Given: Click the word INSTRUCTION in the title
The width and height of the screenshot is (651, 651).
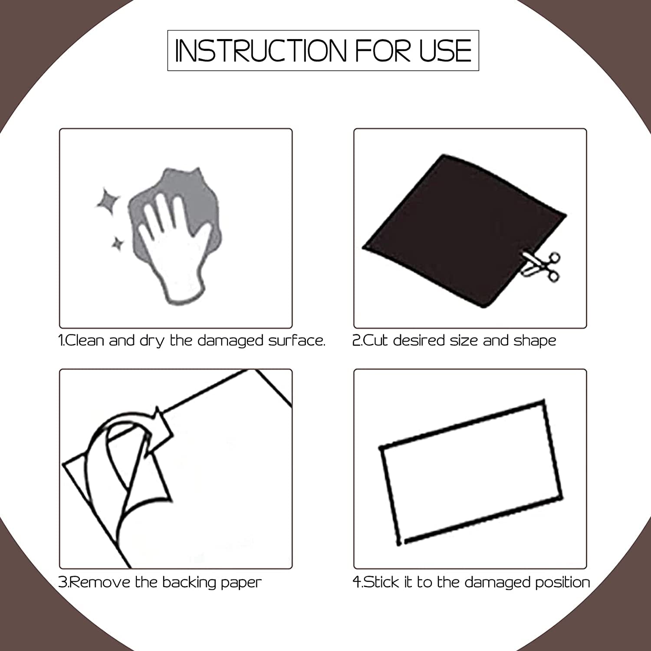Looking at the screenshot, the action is (261, 51).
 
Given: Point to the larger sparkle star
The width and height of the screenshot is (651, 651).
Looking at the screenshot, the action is (108, 201).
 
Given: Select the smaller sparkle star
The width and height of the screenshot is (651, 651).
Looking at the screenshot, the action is (117, 244).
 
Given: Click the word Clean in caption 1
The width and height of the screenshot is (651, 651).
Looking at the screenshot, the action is (85, 340).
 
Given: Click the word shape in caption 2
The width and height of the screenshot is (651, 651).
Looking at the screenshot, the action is (535, 341).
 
